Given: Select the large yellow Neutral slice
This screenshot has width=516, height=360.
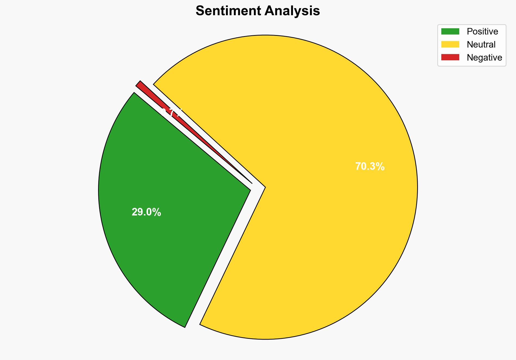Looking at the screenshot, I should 312,217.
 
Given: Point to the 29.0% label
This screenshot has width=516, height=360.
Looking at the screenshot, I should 146,212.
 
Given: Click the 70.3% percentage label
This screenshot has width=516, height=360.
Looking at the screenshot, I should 370,167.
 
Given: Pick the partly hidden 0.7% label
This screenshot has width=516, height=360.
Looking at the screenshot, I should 171,112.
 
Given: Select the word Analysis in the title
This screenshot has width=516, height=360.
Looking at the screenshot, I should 292,11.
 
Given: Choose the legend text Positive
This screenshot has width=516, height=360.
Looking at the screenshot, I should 482,32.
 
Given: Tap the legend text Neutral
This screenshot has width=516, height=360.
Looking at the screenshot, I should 481,45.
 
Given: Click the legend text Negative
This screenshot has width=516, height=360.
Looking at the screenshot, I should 484,58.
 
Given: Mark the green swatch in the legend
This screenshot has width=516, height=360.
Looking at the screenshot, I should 450,32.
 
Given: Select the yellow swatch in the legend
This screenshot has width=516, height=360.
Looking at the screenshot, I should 450,44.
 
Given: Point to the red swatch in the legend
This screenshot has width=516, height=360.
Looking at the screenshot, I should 450,57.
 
